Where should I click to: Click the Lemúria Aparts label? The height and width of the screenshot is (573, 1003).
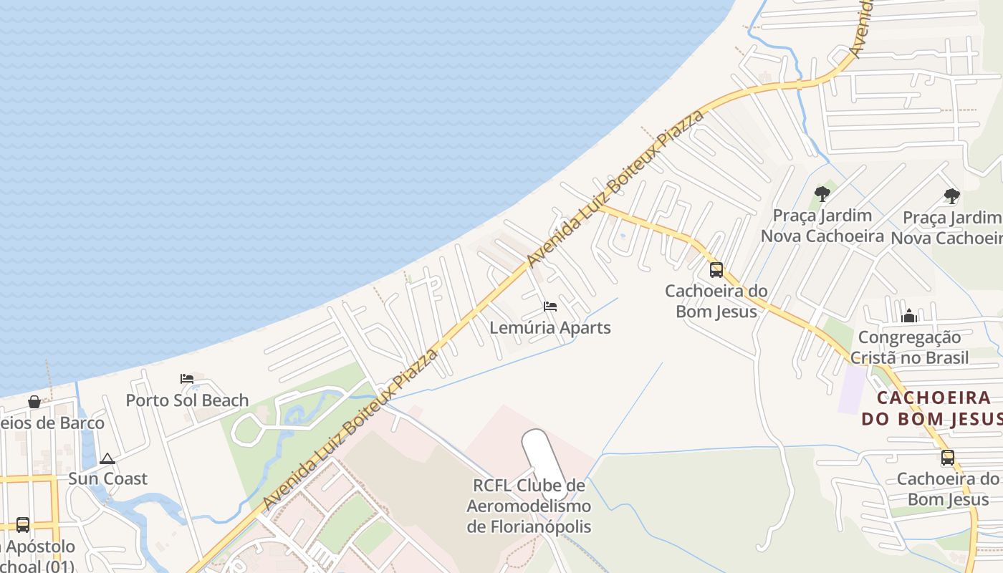(x=550, y=327)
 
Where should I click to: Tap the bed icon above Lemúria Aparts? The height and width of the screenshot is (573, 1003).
(x=550, y=307)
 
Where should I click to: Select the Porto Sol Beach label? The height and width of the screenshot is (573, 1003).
(x=187, y=400)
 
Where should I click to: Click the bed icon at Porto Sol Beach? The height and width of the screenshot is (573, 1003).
(x=187, y=378)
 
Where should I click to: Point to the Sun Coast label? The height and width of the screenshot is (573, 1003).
(x=107, y=478)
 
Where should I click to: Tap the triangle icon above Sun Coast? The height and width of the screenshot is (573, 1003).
(x=107, y=458)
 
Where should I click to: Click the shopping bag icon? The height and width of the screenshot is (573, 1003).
(x=34, y=402)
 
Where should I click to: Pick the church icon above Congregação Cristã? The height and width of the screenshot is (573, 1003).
(x=909, y=316)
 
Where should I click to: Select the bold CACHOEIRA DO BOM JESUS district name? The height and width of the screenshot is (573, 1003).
(x=934, y=408)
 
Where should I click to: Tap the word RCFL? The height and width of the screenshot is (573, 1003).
(x=491, y=486)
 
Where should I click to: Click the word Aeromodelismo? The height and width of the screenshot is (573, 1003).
(x=529, y=506)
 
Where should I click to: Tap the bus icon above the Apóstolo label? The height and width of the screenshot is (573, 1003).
(x=23, y=525)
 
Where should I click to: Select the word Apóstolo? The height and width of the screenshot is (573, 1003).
(x=42, y=546)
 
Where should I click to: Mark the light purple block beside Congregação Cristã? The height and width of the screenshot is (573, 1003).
(x=852, y=388)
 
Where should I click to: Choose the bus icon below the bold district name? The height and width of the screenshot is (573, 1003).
(x=947, y=458)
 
